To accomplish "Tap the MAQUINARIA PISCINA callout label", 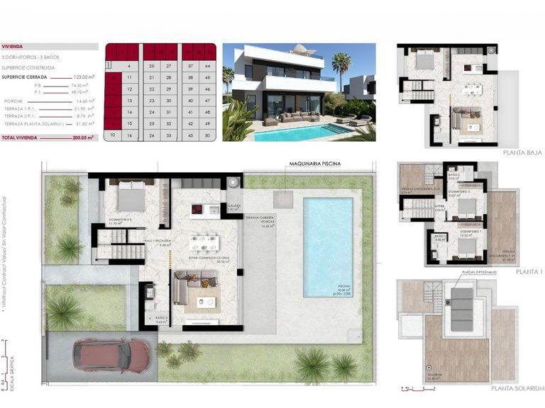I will (x=314, y=164).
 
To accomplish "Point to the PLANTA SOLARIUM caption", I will (x=517, y=388).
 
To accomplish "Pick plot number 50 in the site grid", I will (x=207, y=135).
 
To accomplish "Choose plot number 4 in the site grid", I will (x=130, y=66).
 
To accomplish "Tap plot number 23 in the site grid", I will (x=151, y=101).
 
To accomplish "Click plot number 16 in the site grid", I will (x=130, y=135).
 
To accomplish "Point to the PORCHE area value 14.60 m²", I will (x=82, y=101).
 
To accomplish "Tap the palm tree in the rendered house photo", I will (x=341, y=67).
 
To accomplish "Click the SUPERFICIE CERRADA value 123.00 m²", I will (x=83, y=76).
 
